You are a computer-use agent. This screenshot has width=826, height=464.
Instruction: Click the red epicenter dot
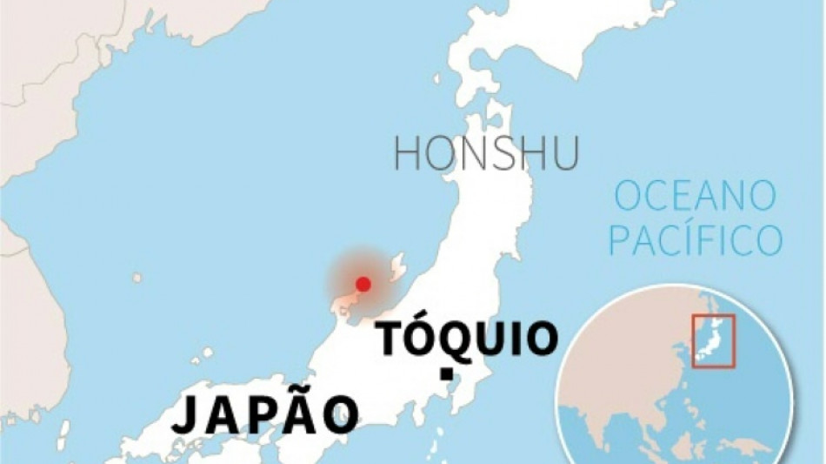coord(363,283)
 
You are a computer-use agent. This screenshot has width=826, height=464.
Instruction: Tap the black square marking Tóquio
coord(446,374)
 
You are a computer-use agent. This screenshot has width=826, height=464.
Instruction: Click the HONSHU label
coord(485,153)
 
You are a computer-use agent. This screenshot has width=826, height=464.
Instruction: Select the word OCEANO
coord(695,197)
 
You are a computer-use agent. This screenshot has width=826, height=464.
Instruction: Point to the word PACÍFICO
coord(695,239)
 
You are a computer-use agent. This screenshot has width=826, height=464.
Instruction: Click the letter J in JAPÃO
coord(185,415)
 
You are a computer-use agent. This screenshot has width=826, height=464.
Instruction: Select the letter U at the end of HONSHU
coord(563,153)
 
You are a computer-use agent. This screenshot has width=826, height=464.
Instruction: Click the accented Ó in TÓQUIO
coord(423,336)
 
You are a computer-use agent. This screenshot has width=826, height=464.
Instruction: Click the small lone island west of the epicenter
coord(137,278)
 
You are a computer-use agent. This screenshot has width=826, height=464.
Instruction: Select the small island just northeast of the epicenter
coord(399,260)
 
